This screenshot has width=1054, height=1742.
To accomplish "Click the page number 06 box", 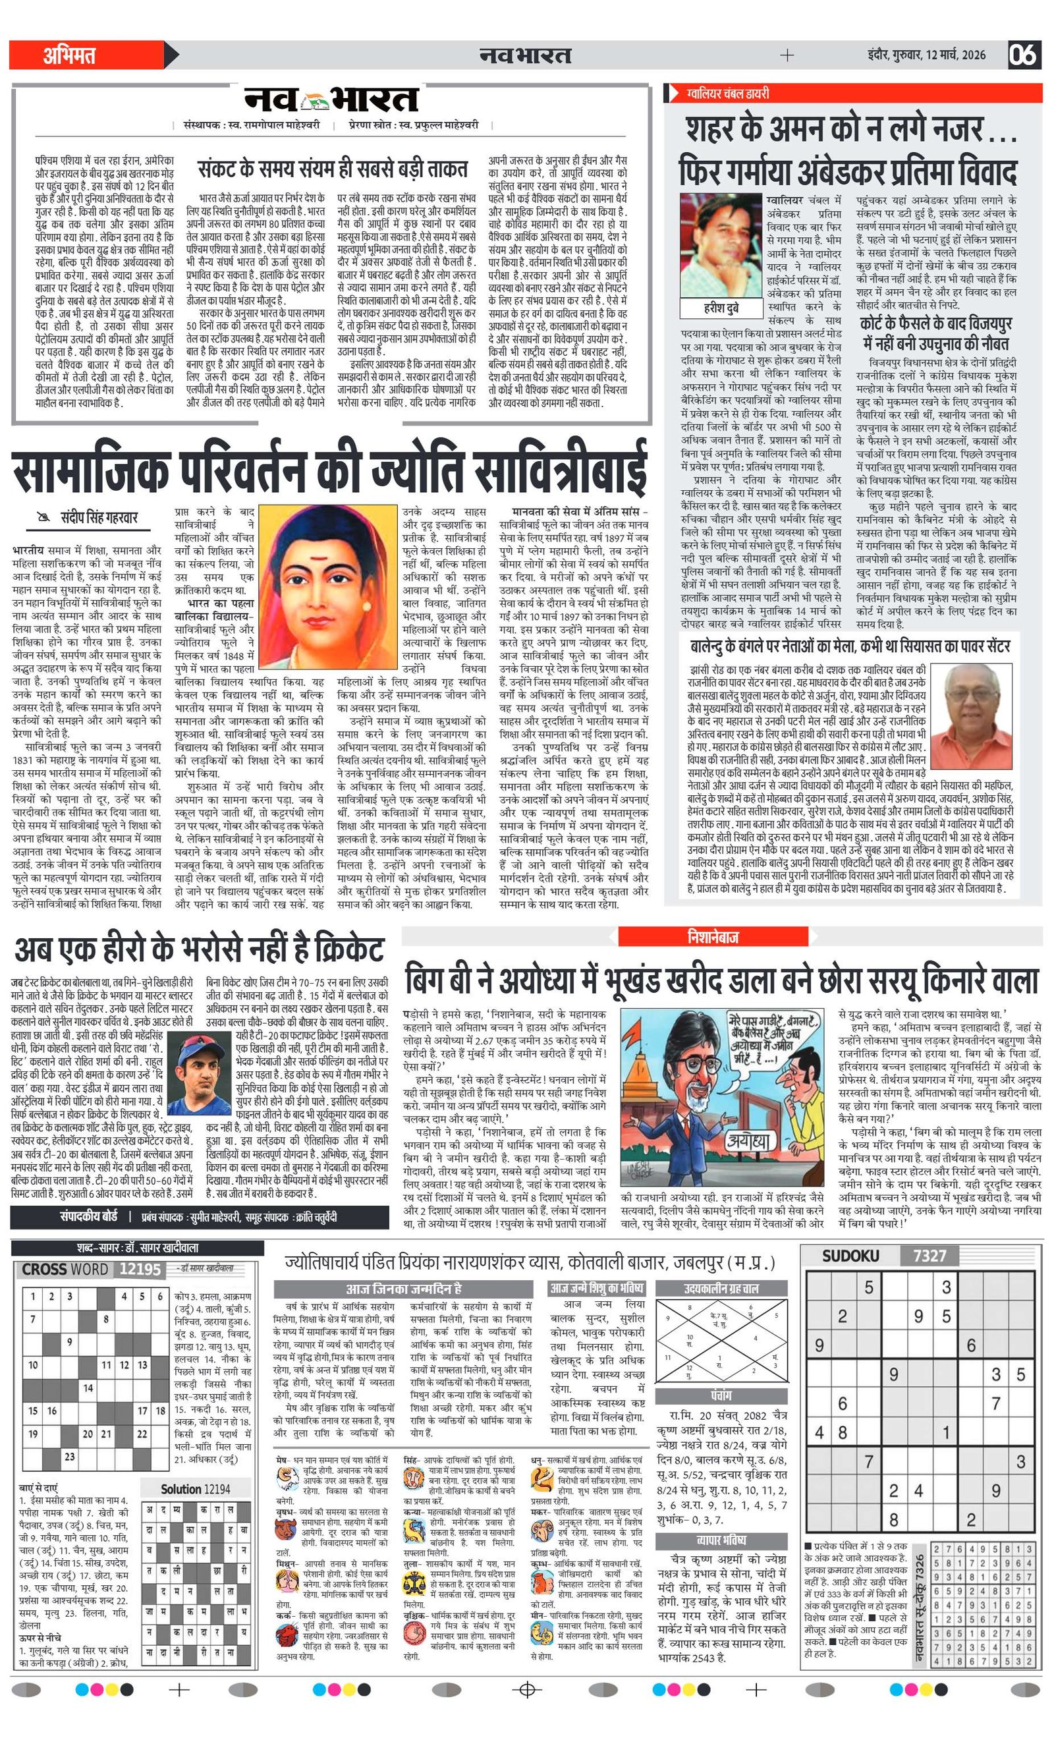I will (x=1023, y=55).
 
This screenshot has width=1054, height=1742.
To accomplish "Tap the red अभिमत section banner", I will (x=85, y=55).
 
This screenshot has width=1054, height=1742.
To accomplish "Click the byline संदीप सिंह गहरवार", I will (x=89, y=517).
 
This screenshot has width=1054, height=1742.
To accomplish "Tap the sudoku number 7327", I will (x=929, y=1256).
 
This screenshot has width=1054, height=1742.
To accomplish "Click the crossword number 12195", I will (x=140, y=1269).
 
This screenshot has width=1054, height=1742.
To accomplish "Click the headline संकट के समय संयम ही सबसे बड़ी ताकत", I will (x=332, y=170).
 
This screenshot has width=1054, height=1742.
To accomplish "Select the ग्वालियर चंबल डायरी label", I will (x=728, y=94).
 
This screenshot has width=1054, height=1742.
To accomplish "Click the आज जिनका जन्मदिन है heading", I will (x=404, y=1289).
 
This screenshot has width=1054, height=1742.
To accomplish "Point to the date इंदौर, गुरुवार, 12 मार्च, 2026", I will (x=926, y=55).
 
